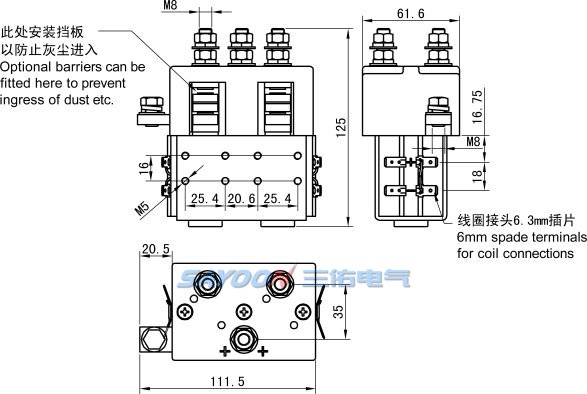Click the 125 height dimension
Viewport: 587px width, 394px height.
[x=341, y=127]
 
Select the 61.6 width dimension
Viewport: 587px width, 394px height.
[x=411, y=14]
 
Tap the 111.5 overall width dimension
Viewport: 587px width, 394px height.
[x=227, y=382]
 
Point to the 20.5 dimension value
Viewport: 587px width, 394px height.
[x=156, y=249]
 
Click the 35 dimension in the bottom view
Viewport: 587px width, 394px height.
[x=338, y=312]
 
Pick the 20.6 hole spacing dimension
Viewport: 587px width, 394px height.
[x=241, y=198]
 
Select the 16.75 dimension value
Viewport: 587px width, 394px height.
[x=477, y=107]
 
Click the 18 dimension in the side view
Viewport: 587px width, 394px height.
[x=477, y=176]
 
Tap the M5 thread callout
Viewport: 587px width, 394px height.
[x=142, y=209]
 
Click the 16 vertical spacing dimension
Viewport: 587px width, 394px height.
[x=144, y=168]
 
